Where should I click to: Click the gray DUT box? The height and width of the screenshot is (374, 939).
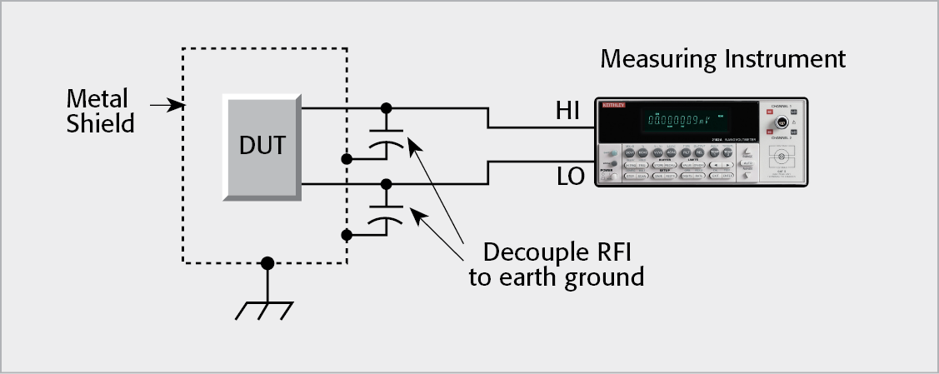[x=262, y=147]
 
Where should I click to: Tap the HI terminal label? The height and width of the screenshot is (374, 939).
[x=572, y=110]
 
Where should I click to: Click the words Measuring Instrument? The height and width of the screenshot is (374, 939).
[x=723, y=60]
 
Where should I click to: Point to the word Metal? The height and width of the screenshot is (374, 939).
[x=97, y=99]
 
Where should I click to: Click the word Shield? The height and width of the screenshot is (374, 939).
[x=101, y=124]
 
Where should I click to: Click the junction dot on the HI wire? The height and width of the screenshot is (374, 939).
[x=385, y=107]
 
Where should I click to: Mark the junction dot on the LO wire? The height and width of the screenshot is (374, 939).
[x=385, y=183]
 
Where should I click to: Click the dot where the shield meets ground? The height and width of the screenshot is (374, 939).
[x=267, y=263]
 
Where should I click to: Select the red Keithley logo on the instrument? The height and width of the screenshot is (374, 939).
[x=614, y=106]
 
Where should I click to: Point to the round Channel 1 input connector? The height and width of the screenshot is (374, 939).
[x=782, y=123]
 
